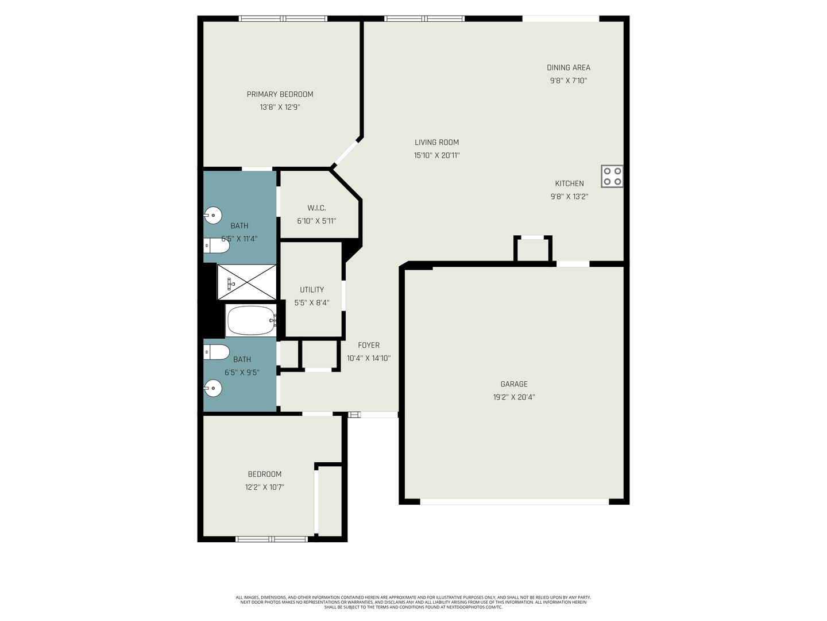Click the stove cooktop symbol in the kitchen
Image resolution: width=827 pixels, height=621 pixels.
(x=612, y=176)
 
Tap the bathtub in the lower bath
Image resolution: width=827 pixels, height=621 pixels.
(x=251, y=320)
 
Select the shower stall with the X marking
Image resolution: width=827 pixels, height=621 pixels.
(x=247, y=282)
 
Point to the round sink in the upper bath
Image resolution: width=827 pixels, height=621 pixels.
(x=212, y=216)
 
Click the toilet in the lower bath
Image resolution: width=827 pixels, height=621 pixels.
(x=217, y=352)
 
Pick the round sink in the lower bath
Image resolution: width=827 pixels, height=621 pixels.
(x=212, y=388)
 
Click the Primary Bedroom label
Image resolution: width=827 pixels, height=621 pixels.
(x=280, y=94)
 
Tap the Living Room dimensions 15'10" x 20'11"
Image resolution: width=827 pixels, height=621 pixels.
(x=436, y=155)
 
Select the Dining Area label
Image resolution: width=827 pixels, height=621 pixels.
(x=569, y=67)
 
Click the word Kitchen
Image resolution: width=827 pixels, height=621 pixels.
(x=569, y=183)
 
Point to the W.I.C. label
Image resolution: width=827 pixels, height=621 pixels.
(x=316, y=208)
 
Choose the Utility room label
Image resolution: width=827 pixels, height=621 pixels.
(x=312, y=290)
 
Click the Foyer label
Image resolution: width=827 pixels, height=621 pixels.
(x=369, y=345)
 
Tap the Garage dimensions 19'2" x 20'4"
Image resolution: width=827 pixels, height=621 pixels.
(x=514, y=397)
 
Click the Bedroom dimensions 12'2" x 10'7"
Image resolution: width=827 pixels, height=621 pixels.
(x=265, y=487)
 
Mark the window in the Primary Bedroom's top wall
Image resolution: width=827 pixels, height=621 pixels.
(x=283, y=18)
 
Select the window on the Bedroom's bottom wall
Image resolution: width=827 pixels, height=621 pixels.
(x=272, y=539)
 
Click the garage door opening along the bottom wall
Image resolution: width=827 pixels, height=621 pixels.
(x=514, y=502)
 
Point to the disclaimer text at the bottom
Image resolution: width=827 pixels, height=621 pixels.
(x=413, y=602)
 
